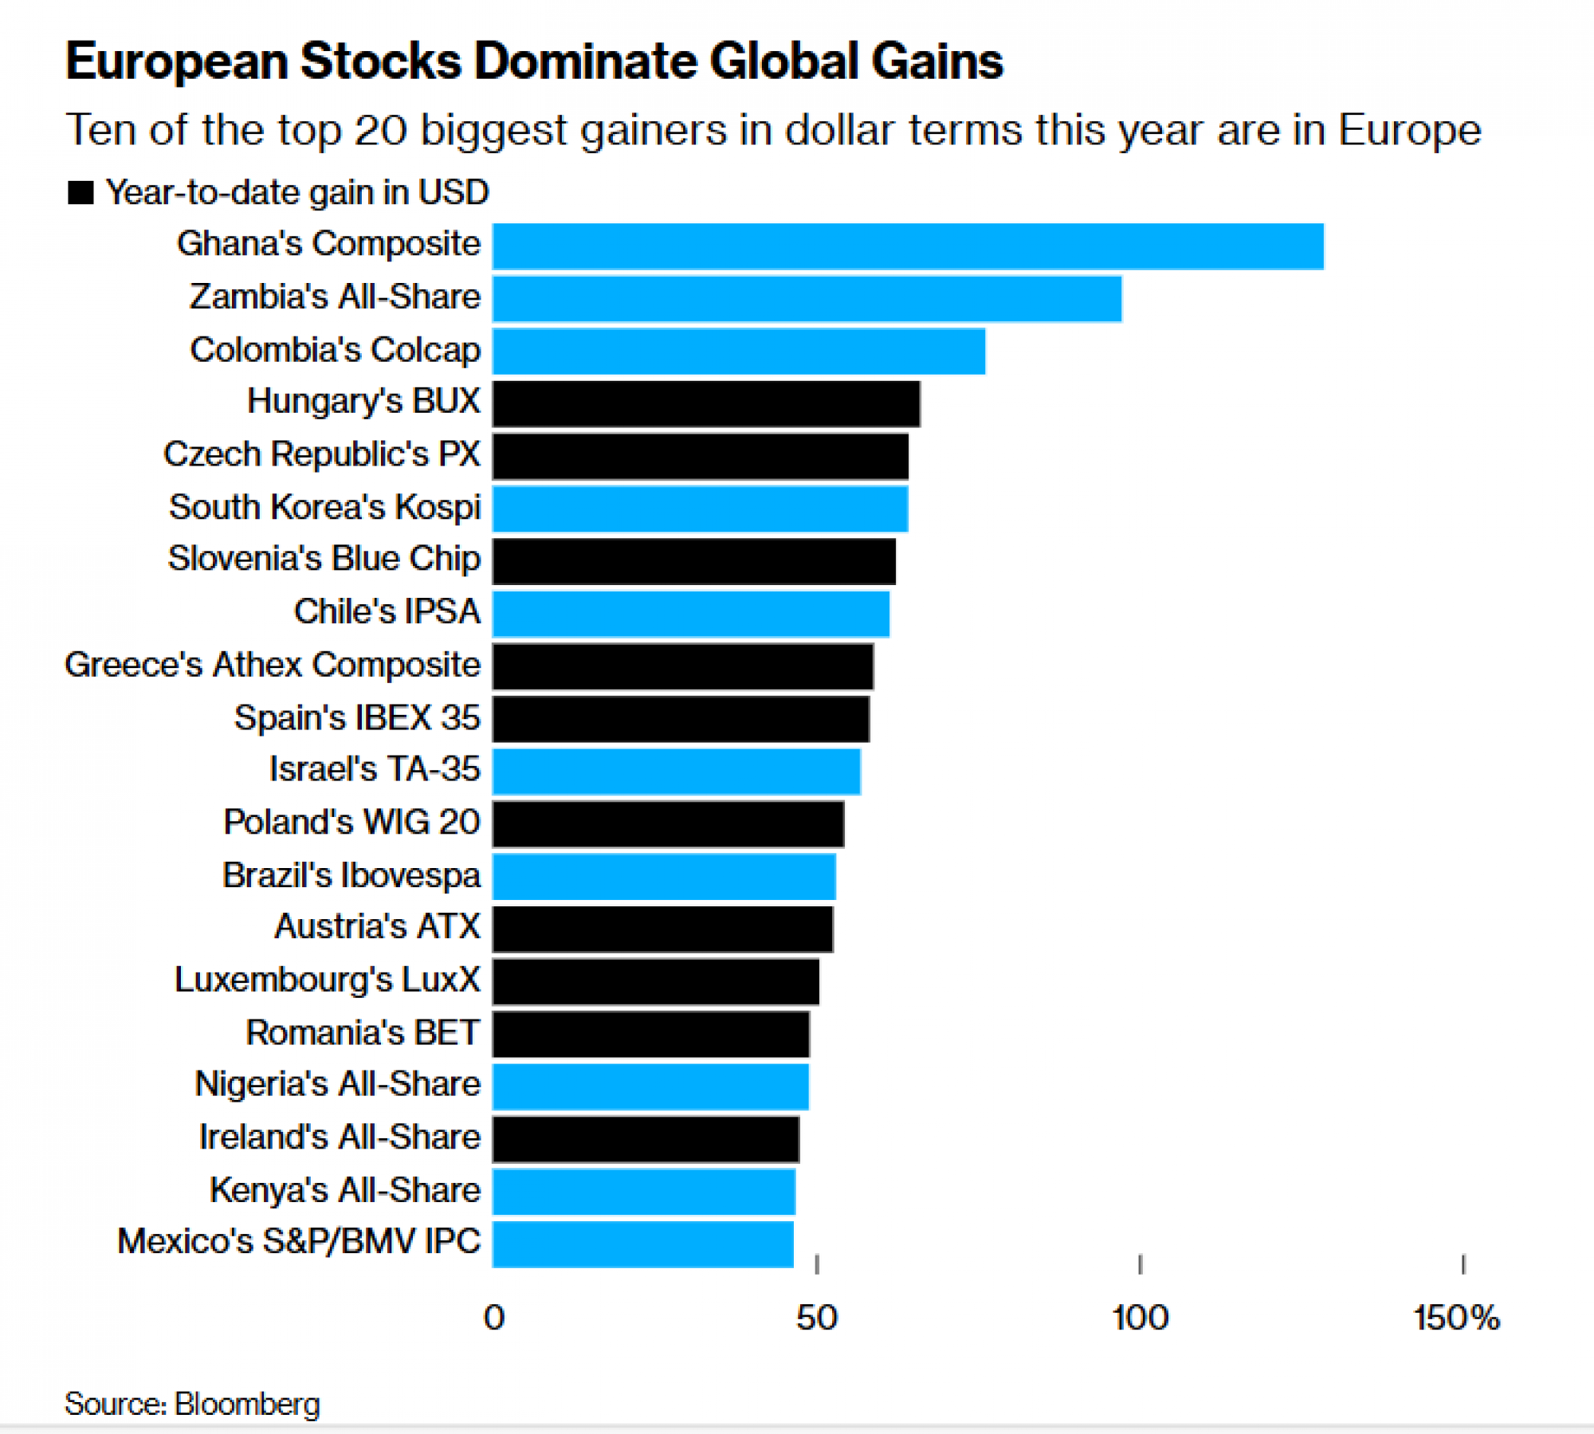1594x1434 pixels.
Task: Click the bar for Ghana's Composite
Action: point(908,246)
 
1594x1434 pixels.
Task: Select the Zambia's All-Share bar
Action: point(807,299)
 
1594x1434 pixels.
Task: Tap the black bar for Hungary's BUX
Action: point(706,403)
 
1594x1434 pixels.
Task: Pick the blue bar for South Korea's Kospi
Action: point(700,509)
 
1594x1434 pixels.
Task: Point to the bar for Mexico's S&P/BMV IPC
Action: point(642,1244)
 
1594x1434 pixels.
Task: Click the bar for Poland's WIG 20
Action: point(668,824)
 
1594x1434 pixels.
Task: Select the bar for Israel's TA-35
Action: point(676,772)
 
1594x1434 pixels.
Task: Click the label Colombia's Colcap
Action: point(336,350)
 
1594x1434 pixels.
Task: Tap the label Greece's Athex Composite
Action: point(273,665)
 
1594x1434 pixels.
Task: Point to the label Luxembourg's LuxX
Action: point(328,980)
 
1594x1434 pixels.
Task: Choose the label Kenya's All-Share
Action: point(345,1190)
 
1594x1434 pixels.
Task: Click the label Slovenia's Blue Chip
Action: point(324,559)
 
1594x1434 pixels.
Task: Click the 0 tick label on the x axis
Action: point(494,1318)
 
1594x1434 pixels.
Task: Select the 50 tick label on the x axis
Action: point(817,1318)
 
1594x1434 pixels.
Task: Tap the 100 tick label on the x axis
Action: point(1141,1318)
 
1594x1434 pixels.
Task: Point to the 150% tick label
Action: point(1457,1318)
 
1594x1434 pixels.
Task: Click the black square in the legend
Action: point(80,193)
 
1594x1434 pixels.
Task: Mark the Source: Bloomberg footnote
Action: point(192,1404)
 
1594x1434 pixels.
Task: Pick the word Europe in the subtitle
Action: point(1409,130)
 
